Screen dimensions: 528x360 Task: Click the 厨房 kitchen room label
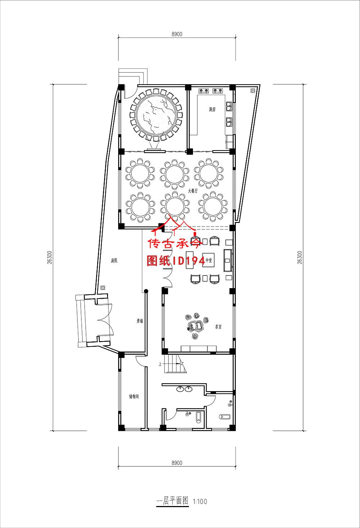coord(212,109)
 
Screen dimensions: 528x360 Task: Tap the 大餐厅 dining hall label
coord(193,192)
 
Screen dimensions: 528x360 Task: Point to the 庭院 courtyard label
coord(114,260)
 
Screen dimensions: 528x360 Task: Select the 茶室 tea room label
coord(218,327)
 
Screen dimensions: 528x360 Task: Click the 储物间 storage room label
coord(134,397)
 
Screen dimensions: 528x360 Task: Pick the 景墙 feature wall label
coord(139,321)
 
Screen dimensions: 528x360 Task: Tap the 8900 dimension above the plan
coord(177,34)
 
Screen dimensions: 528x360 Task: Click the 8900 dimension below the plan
coord(177,463)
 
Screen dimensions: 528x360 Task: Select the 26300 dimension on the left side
coord(49,258)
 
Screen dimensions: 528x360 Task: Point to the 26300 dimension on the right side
coord(300,258)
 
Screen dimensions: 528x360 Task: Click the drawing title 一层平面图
coord(172,501)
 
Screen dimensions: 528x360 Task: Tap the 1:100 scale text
coord(200,501)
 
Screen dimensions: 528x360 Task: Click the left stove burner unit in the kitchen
coord(203,91)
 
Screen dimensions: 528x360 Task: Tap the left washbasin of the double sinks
coord(180,389)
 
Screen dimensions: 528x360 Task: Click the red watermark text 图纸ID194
coord(176,261)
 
